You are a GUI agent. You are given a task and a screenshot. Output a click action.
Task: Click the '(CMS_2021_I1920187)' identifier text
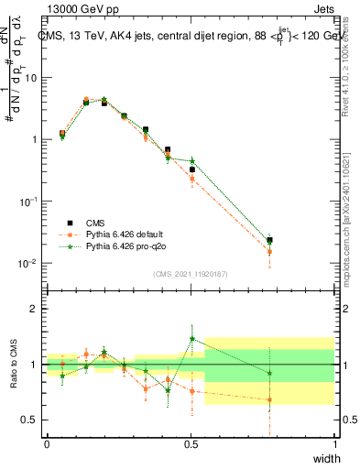[x=191, y=274]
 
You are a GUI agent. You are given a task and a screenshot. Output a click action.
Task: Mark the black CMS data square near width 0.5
[x=192, y=169]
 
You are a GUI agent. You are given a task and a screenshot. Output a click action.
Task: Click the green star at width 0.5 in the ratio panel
[x=192, y=339]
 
